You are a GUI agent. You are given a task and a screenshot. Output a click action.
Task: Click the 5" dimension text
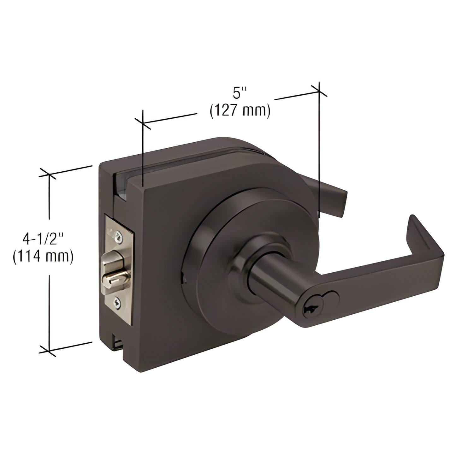tap(240, 93)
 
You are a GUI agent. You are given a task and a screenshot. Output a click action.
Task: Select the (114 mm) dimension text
tap(43, 256)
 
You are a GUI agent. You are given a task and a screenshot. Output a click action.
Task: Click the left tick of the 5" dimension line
tap(143, 123)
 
